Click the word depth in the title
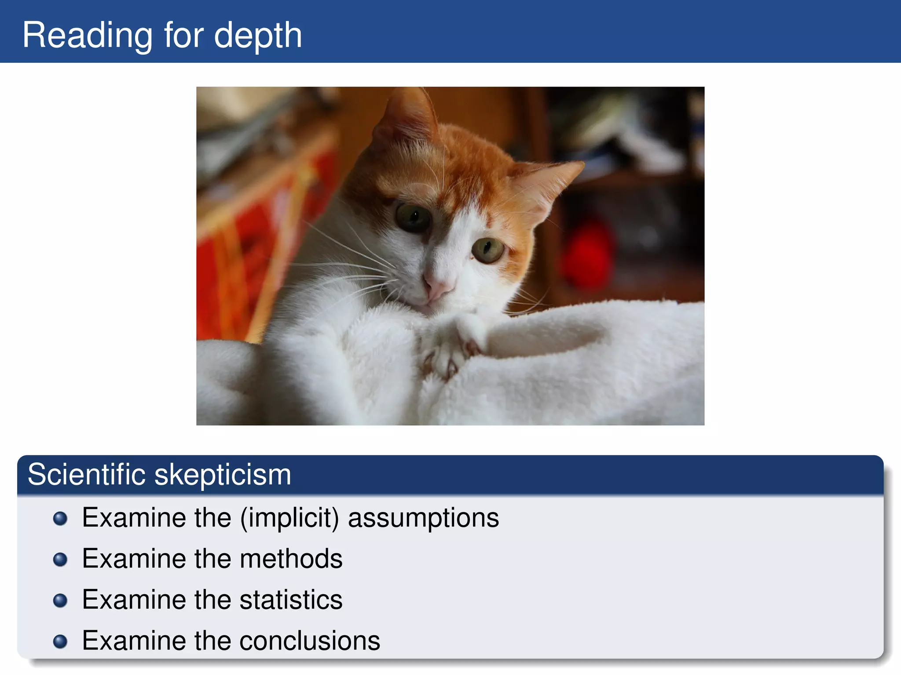[258, 35]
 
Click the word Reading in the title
[87, 35]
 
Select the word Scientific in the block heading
[86, 474]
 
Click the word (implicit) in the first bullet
[289, 518]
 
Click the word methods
[291, 559]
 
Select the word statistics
[291, 600]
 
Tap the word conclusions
[310, 641]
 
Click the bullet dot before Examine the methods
[60, 559]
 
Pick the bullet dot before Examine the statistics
[60, 600]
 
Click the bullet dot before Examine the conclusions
[60, 641]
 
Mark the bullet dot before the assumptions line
[60, 519]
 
